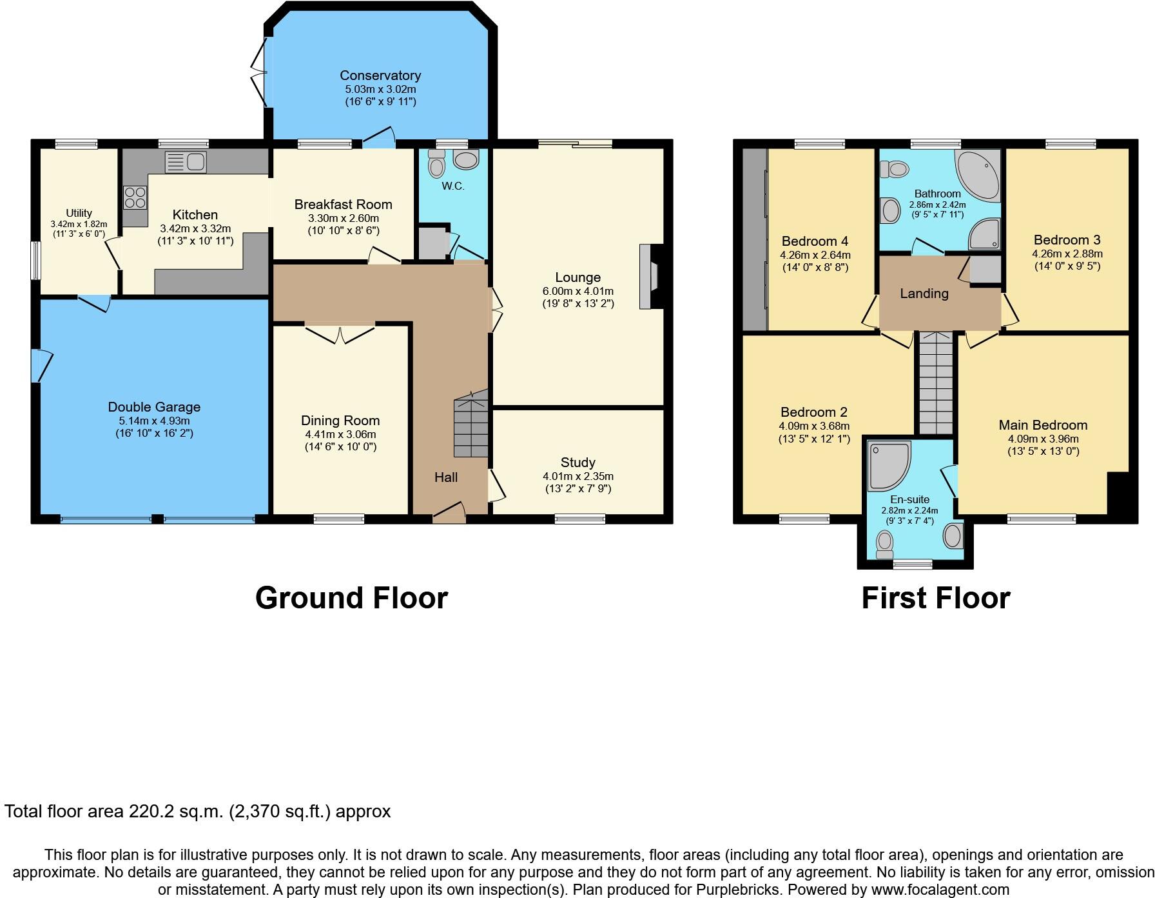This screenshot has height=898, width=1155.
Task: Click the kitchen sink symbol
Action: pos(186,161)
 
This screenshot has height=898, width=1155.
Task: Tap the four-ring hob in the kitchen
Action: pos(135,197)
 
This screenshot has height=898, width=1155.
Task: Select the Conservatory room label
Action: pos(380,75)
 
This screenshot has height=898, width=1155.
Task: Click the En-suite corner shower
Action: pos(888,464)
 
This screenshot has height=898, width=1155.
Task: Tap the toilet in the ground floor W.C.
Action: pos(436,165)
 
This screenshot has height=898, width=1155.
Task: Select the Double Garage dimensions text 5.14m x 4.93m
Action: pos(154,421)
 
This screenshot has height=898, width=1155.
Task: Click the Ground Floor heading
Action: pos(351,597)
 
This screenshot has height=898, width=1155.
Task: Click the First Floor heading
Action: pos(935,597)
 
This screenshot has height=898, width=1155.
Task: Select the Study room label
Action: pos(577,462)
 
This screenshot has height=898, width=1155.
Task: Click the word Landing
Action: pos(924,294)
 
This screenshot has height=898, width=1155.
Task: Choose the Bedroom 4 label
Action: pos(815,241)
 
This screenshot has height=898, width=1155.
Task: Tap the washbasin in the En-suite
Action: pos(953,535)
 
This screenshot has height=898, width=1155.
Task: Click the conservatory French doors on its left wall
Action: pos(260,72)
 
